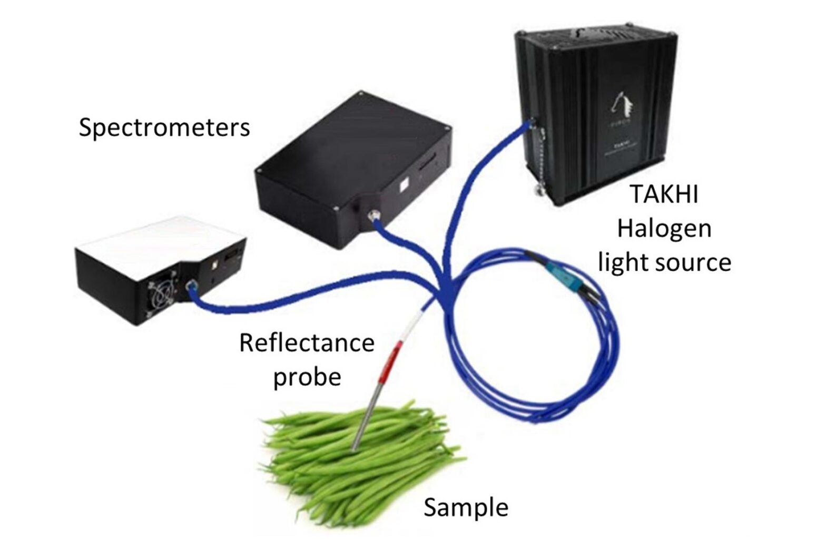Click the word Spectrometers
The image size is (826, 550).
[164, 127]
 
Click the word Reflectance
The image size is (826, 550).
[307, 342]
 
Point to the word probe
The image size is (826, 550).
[307, 377]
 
